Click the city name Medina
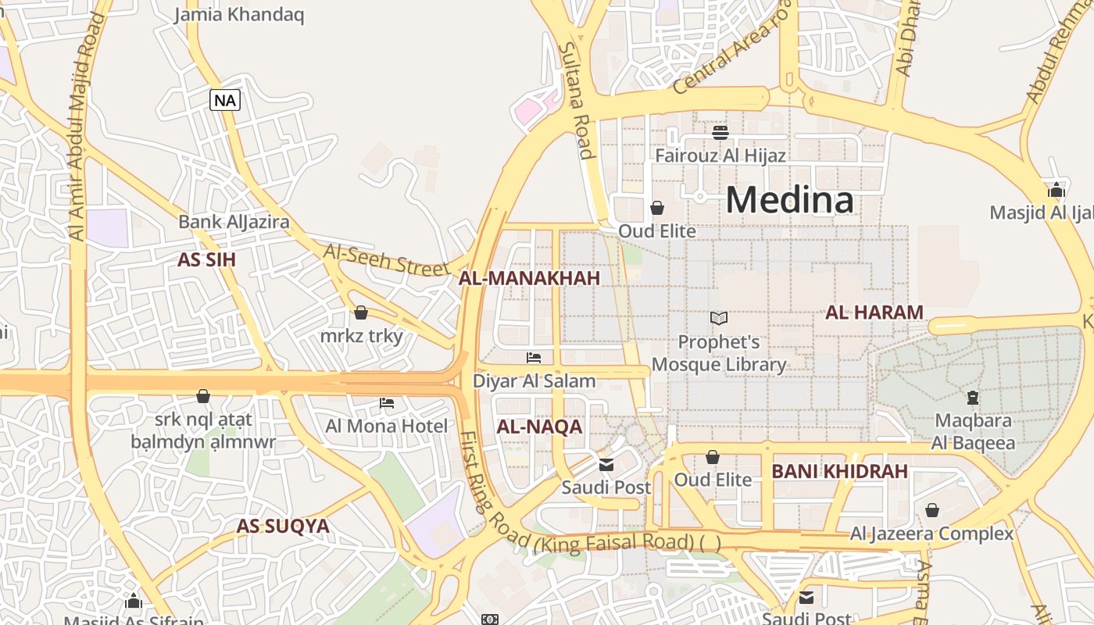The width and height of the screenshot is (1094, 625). [789, 200]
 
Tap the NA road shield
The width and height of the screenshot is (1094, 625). [225, 100]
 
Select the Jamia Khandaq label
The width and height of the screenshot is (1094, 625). [239, 15]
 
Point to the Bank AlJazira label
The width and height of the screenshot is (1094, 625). [234, 222]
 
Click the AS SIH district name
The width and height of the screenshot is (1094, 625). [206, 260]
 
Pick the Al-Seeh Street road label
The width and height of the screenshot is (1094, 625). [386, 259]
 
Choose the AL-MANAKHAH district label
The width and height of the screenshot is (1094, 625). [529, 278]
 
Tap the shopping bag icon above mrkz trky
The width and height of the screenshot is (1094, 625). [361, 312]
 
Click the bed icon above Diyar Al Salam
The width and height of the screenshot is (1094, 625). [534, 358]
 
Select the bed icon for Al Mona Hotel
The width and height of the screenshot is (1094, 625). [387, 403]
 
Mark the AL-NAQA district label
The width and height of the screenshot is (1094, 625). [539, 427]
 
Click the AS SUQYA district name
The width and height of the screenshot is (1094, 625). [283, 527]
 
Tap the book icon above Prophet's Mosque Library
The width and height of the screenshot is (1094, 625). [719, 318]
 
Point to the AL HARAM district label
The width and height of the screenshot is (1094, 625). [874, 312]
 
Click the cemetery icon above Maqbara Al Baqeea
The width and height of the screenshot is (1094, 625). [973, 398]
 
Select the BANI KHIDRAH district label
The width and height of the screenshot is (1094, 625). [839, 472]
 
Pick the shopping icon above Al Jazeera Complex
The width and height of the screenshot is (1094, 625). [931, 510]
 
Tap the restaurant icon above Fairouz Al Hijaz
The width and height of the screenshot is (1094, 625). [720, 132]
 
